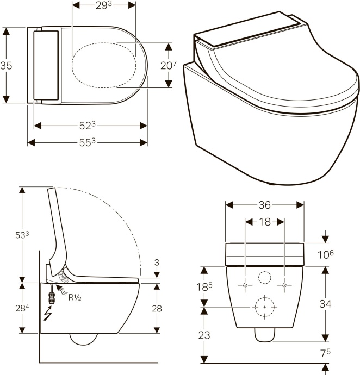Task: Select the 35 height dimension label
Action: (x=7, y=65)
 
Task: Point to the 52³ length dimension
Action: (x=88, y=126)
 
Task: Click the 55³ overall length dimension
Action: (x=88, y=142)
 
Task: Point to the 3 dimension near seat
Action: (x=157, y=262)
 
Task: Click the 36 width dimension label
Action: (x=264, y=205)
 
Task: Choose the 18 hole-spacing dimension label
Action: (x=264, y=222)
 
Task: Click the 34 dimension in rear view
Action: (x=325, y=304)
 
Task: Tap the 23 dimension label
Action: (x=204, y=335)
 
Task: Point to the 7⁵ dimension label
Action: (x=325, y=353)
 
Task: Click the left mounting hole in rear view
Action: (x=245, y=285)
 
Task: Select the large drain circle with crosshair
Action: (x=264, y=307)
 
